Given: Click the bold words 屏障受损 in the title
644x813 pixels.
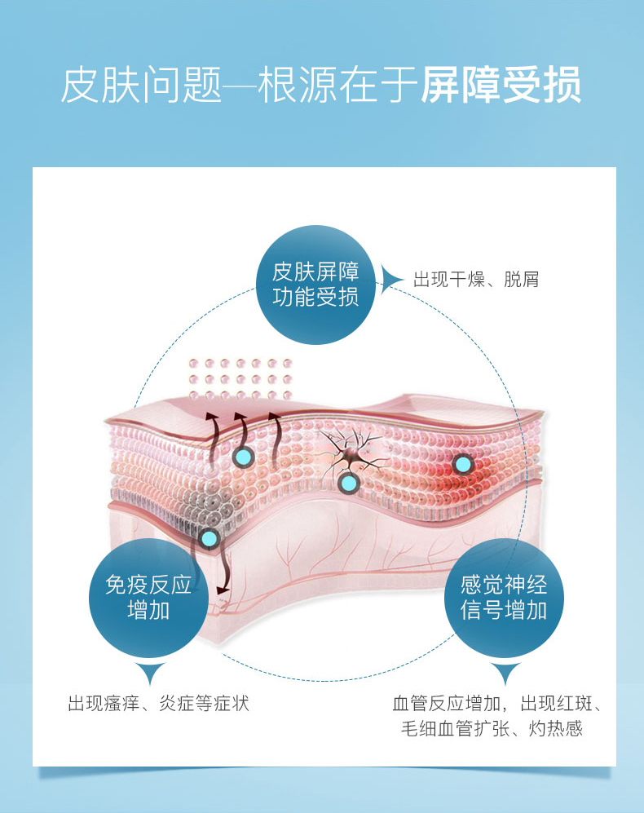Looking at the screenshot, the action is point(501,86).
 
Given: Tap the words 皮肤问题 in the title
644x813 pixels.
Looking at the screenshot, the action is point(141,86).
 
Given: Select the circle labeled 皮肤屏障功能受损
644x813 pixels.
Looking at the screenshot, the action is point(315,284).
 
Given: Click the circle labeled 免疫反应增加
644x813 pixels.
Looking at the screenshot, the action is point(148,596).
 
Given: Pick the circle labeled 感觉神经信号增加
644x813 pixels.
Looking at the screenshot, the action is point(504,596).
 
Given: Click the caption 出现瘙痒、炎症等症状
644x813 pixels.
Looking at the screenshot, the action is point(158,704).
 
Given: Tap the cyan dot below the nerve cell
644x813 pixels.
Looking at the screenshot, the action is point(349,484).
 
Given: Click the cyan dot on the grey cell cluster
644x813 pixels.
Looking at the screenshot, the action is point(210,538).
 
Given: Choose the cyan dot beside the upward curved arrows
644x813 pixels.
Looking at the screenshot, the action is point(242,457).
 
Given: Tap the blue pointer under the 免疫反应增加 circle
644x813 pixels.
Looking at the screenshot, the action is point(148,674).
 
